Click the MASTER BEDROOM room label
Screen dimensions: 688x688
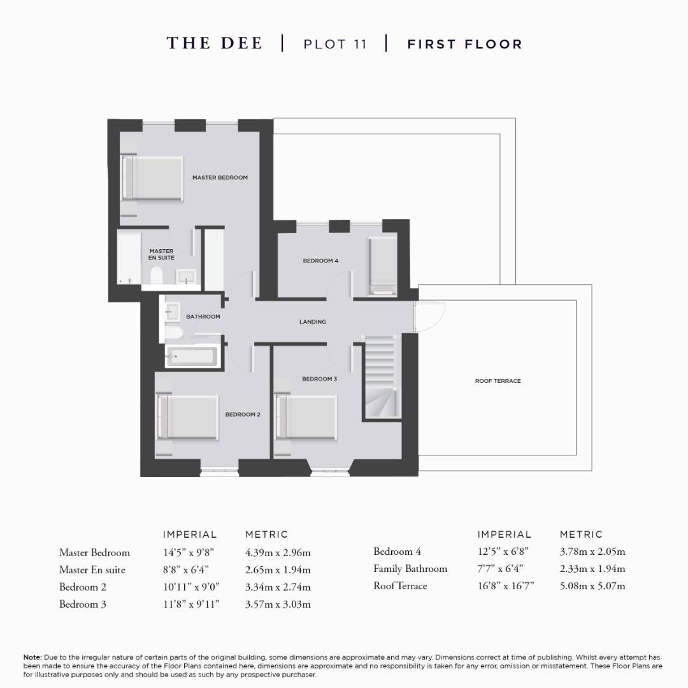pyautogui.click(x=220, y=178)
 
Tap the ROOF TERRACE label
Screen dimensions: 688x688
pyautogui.click(x=498, y=381)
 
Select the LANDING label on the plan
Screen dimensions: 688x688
pyautogui.click(x=313, y=322)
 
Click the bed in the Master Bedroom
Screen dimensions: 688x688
pyautogui.click(x=153, y=178)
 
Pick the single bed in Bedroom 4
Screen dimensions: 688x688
pyautogui.click(x=383, y=266)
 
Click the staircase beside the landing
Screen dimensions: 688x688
pyautogui.click(x=380, y=376)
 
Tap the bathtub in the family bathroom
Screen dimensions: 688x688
pyautogui.click(x=192, y=358)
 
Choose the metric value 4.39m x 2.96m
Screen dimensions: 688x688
pyautogui.click(x=278, y=552)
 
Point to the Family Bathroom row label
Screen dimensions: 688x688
pyautogui.click(x=410, y=569)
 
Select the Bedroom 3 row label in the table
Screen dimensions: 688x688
pyautogui.click(x=83, y=604)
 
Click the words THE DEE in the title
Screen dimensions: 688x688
pyautogui.click(x=214, y=43)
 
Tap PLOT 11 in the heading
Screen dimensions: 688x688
pyautogui.click(x=335, y=45)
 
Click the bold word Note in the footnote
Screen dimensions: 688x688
pyautogui.click(x=32, y=657)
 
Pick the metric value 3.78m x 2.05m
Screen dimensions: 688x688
pyautogui.click(x=592, y=552)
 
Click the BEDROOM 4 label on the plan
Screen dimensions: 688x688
pyautogui.click(x=320, y=261)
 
